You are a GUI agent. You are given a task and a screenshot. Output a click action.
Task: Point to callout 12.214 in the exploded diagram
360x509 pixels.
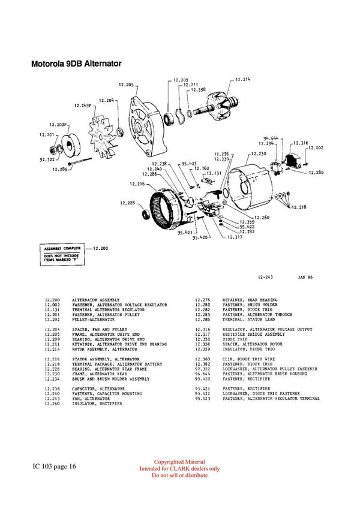(x=242, y=79)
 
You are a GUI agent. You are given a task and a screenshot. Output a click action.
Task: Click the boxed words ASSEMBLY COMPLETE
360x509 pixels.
(x=58, y=247)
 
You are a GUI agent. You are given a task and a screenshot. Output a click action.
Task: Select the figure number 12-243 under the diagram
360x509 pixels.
(x=266, y=278)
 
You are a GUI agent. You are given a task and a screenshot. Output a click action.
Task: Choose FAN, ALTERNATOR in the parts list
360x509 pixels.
(x=91, y=398)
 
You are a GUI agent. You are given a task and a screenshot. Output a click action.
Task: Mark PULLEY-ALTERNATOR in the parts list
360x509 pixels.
(x=93, y=320)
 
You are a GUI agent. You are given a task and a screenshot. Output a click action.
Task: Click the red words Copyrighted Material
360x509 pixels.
(x=179, y=462)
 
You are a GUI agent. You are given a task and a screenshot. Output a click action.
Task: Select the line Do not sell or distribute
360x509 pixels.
(x=179, y=475)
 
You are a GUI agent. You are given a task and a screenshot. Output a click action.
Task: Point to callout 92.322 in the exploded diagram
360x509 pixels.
(x=47, y=160)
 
